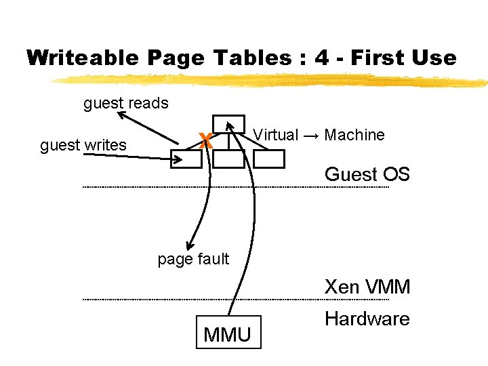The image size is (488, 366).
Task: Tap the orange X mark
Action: [x=206, y=142]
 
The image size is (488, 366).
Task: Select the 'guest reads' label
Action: [x=125, y=104]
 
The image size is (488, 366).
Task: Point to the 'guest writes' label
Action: [x=83, y=145]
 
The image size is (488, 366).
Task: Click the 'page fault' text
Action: [x=193, y=259]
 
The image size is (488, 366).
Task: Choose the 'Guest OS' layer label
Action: [x=367, y=174]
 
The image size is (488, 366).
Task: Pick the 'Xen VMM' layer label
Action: [x=367, y=287]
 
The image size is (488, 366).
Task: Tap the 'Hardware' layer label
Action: [x=367, y=319]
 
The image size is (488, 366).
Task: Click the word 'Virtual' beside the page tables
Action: [x=275, y=135]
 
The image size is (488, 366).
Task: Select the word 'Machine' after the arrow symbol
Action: [x=354, y=135]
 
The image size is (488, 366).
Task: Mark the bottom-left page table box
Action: [x=186, y=158]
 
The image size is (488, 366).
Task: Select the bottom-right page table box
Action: [x=269, y=158]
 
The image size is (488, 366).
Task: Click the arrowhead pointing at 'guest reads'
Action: [x=122, y=116]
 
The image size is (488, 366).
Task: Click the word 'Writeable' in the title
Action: [x=70, y=58]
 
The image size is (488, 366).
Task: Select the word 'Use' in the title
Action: [x=435, y=58]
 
